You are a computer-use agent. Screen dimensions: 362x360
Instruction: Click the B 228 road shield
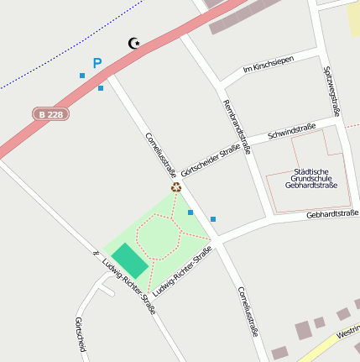tap(51, 113)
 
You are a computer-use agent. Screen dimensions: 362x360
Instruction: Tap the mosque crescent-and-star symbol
tap(133, 43)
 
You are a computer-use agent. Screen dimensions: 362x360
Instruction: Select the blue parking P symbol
tap(97, 63)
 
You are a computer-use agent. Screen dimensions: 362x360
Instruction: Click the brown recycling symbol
tap(176, 187)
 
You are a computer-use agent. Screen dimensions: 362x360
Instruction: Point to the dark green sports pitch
tap(130, 260)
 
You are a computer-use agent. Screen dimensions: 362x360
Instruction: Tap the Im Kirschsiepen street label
tap(269, 64)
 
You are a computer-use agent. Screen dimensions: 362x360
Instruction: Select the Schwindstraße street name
tap(291, 131)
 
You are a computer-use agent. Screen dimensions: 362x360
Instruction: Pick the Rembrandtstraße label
tap(237, 128)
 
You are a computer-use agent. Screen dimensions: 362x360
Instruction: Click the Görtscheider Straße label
tap(211, 159)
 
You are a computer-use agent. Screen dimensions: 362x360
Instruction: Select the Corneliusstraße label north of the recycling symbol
tap(160, 155)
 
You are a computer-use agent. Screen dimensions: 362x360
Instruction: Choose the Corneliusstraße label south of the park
tap(247, 312)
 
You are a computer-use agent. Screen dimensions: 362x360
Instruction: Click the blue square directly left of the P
tap(82, 76)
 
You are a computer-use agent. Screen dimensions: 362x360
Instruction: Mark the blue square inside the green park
tap(190, 212)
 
